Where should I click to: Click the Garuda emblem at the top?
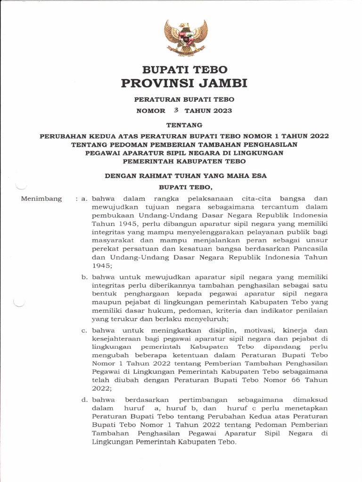tap(186, 38)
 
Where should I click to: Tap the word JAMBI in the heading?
tap(222, 84)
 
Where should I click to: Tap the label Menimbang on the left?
tap(41, 199)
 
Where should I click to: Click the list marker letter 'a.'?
tap(85, 199)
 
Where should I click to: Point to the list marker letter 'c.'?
tap(85, 330)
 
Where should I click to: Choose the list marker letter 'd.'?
tap(85, 400)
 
